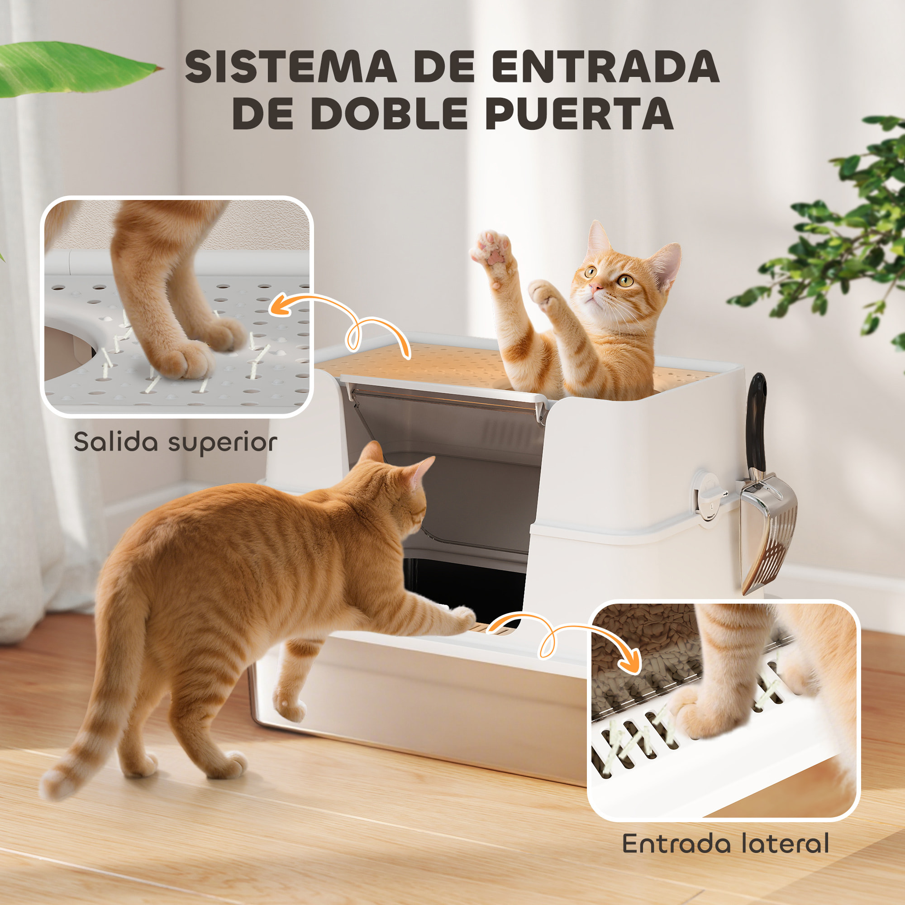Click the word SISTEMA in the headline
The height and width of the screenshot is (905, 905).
(290, 67)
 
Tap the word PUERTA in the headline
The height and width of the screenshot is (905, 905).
(580, 114)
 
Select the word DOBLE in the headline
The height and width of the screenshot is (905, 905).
(389, 114)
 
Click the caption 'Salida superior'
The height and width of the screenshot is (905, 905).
(175, 442)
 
